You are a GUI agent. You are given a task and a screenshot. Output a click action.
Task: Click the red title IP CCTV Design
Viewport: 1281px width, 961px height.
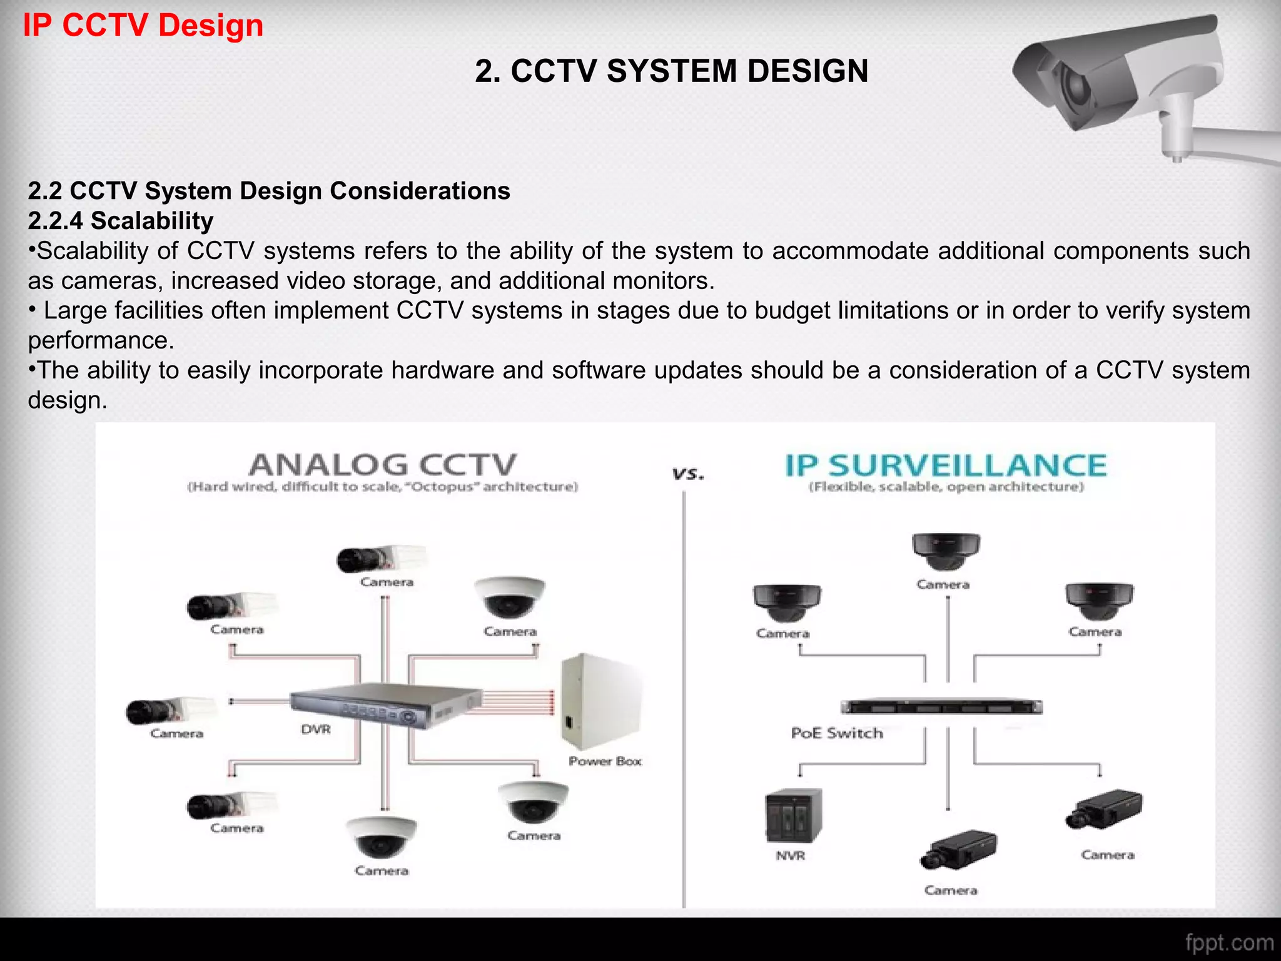pos(143,26)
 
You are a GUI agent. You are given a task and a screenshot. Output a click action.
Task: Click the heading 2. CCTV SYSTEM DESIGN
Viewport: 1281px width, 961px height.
pos(671,71)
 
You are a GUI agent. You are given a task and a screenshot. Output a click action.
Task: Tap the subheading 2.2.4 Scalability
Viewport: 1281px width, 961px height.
pos(121,221)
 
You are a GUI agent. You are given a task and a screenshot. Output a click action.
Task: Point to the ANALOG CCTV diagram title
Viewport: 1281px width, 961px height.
pos(383,465)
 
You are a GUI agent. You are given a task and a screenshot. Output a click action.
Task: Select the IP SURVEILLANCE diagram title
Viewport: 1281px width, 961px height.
pos(946,465)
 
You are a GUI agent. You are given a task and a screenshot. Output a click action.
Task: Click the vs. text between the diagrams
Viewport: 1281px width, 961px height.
pos(688,474)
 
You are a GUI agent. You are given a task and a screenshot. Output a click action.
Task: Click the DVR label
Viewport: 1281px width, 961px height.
pos(316,730)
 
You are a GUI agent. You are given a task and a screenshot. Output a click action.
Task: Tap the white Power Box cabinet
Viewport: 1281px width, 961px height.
pos(600,701)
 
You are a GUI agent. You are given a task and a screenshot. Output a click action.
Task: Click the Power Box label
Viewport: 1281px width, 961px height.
pos(605,761)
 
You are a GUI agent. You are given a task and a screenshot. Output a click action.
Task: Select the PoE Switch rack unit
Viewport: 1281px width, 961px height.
pos(941,708)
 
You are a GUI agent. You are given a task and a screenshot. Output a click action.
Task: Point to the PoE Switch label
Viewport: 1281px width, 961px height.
pos(837,733)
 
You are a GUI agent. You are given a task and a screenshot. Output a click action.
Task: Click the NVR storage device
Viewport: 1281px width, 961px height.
pos(793,816)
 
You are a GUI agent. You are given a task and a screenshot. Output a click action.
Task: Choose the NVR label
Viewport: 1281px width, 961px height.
pos(791,856)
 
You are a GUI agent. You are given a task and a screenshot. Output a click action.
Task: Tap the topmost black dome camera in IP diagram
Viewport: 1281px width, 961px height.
pos(946,551)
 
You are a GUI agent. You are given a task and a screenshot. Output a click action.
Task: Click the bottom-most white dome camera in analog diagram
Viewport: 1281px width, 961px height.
pos(381,837)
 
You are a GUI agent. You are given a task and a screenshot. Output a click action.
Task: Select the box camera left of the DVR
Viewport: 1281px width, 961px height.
pos(169,710)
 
